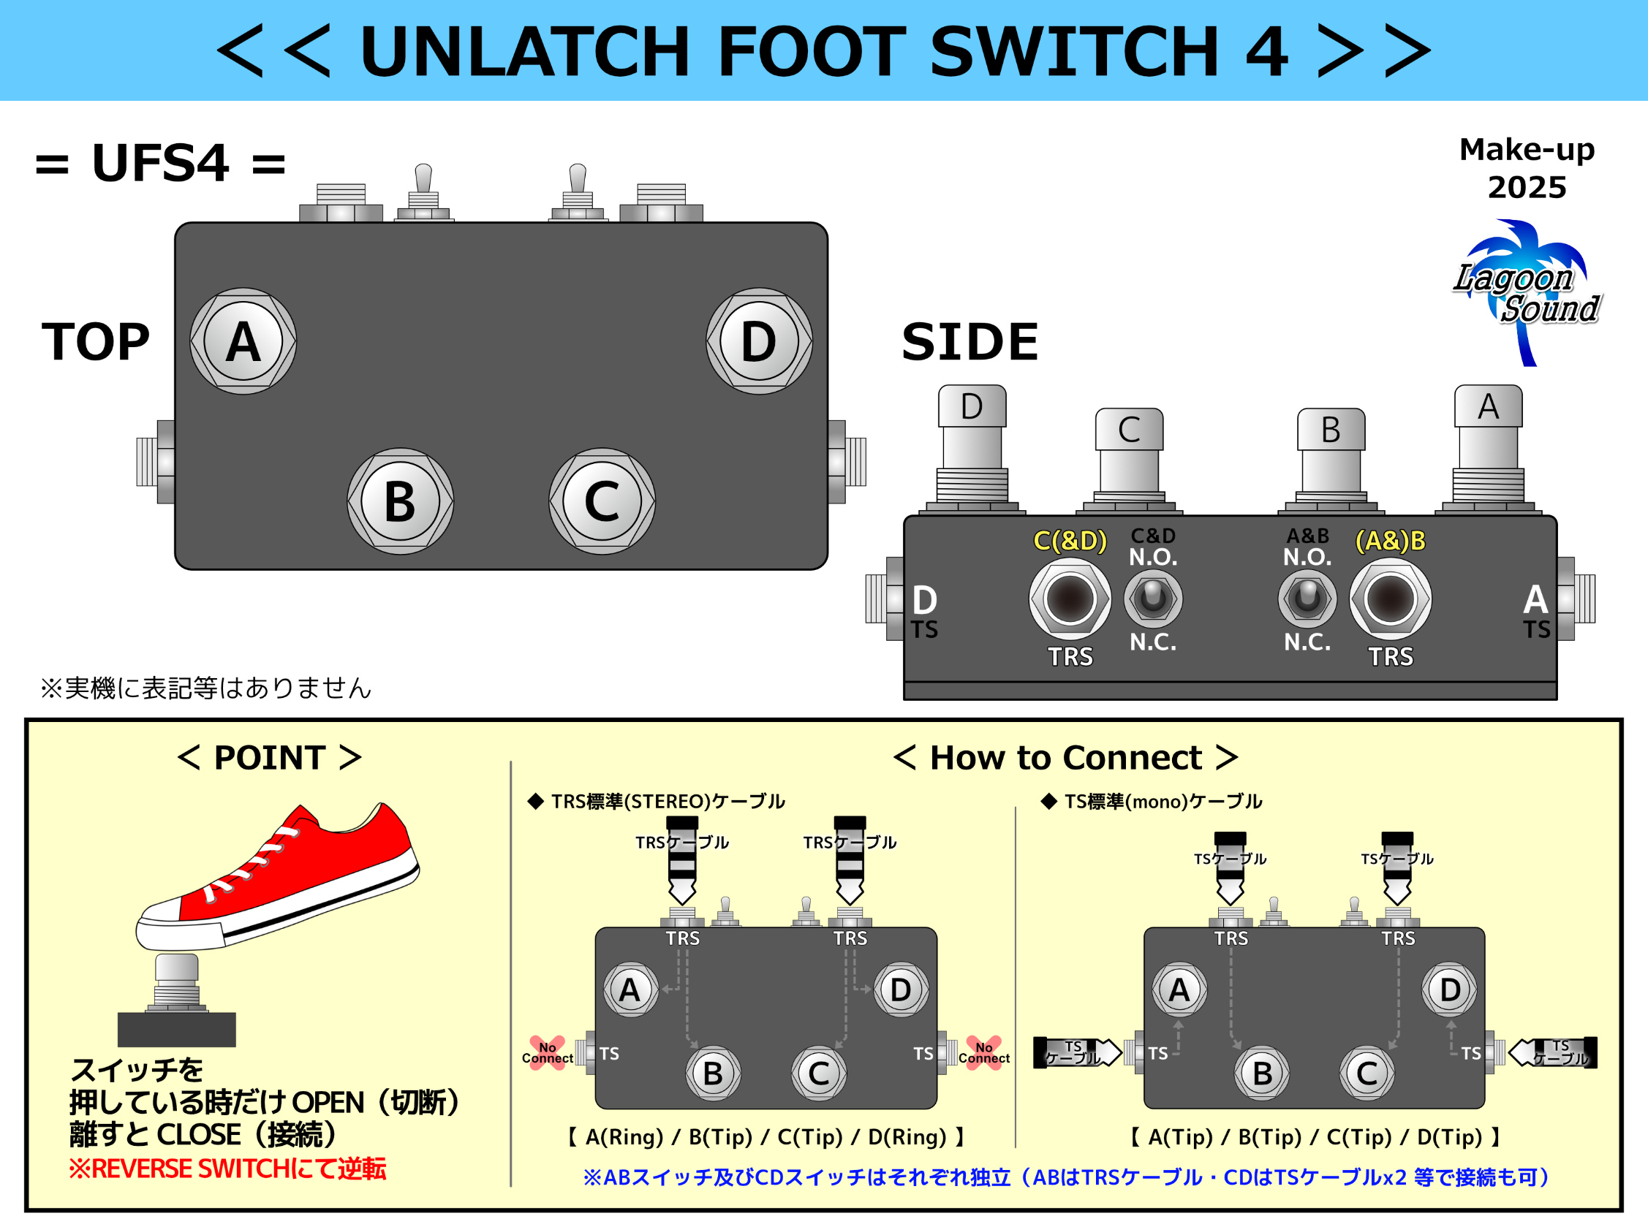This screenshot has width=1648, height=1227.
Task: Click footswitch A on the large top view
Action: coord(243,342)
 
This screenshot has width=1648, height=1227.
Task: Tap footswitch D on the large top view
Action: coord(759,342)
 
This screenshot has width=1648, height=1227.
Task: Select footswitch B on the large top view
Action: coord(401,501)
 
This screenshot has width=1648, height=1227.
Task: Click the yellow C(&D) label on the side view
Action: coord(1070,540)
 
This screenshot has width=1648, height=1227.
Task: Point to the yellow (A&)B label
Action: coord(1390,540)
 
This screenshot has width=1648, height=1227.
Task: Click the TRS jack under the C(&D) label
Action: coord(1070,599)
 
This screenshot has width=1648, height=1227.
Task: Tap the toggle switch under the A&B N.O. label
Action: coord(1307,598)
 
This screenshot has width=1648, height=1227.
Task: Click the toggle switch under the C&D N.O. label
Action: coord(1153,598)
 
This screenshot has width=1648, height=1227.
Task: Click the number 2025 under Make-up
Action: coord(1527,187)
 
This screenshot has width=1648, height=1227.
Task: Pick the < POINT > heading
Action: coord(269,758)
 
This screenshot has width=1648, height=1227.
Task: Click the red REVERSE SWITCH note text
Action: coord(227,1169)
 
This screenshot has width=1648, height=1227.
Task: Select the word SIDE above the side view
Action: coord(969,343)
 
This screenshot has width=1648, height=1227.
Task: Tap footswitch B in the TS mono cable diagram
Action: coord(1262,1074)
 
